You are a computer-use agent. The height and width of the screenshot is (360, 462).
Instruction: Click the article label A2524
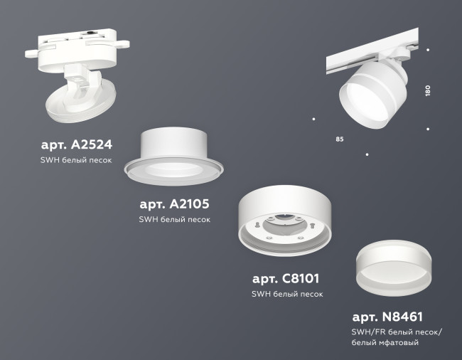coord(76,145)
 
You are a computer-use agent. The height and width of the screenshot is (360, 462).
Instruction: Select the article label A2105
coord(175,204)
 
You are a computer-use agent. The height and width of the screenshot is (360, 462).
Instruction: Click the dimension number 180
coord(429,91)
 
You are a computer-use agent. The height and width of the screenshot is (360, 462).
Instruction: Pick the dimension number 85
coord(339,137)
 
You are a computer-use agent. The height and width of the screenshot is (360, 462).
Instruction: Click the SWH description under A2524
coord(76,161)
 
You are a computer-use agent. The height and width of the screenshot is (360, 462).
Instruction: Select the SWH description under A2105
coord(175,220)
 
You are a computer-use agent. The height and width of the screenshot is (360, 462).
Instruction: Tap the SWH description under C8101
coord(288,293)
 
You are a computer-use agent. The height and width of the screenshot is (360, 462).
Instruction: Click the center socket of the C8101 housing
coord(282,223)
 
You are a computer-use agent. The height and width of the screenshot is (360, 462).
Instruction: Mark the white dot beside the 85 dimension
coord(313,118)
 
